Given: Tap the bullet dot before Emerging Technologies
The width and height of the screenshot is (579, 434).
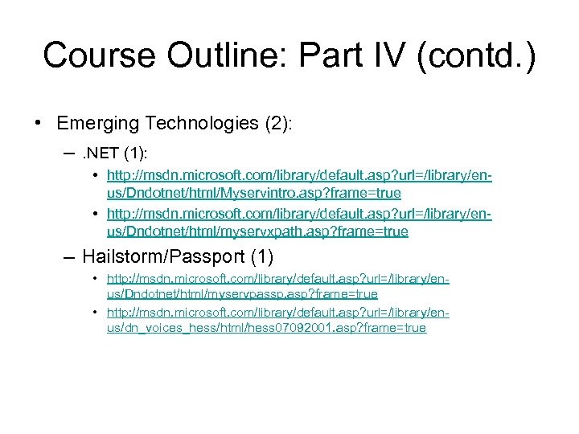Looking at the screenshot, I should [x=39, y=123].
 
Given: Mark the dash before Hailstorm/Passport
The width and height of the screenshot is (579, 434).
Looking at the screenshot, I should [x=69, y=257].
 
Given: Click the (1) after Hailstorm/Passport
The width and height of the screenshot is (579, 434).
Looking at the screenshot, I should [x=261, y=257].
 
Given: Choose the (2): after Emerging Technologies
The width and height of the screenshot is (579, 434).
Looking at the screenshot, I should [x=277, y=123].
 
